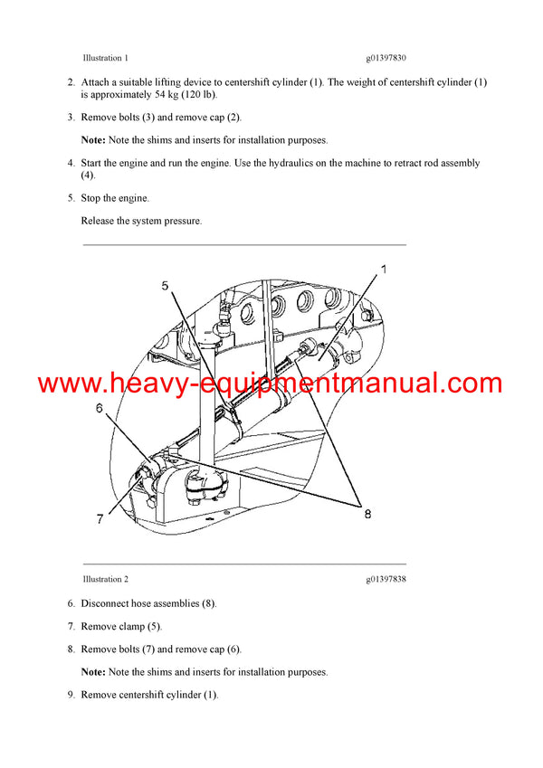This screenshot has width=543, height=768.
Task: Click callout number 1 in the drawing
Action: pos(383,270)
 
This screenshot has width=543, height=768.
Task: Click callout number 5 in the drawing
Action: pos(165,286)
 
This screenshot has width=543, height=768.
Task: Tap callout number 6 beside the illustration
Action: pos(99,408)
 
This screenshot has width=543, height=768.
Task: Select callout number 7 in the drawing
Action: pos(99,519)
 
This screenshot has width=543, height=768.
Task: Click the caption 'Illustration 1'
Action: pos(105,58)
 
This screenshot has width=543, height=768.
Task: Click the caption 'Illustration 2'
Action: pos(105,579)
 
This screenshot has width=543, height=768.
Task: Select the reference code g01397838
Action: pos(386,579)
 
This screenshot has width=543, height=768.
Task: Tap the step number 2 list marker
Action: pos(71,82)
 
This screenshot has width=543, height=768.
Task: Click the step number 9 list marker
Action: pos(71,695)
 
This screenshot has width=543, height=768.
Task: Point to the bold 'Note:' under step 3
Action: pos(93,140)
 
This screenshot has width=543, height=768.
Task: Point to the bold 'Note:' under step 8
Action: pos(93,672)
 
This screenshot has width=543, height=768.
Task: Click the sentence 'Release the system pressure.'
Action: pos(141,221)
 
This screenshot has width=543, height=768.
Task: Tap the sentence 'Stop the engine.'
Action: pos(115,198)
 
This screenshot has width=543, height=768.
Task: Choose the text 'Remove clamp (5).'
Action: pos(122,626)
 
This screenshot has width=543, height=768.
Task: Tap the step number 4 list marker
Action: pos(71,164)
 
